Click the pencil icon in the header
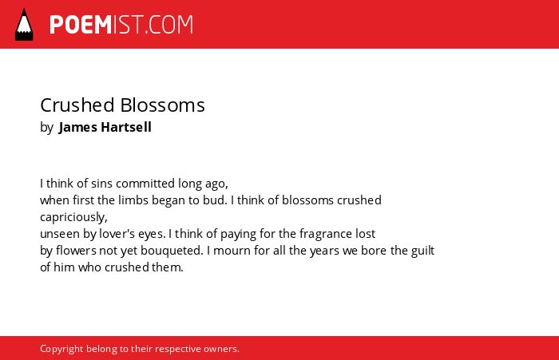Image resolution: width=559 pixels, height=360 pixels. coord(24,25)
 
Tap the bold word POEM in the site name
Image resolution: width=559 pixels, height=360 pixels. coord(81,25)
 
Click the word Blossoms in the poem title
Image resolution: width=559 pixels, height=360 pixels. coord(163,105)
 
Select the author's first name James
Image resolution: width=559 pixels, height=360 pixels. coord(77,127)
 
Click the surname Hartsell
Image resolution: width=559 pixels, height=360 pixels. coord(126,127)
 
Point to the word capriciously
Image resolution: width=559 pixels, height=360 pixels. coord(73,217)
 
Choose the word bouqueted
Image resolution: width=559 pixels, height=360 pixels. coord(172,251)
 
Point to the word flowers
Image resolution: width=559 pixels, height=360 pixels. coord(76,251)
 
